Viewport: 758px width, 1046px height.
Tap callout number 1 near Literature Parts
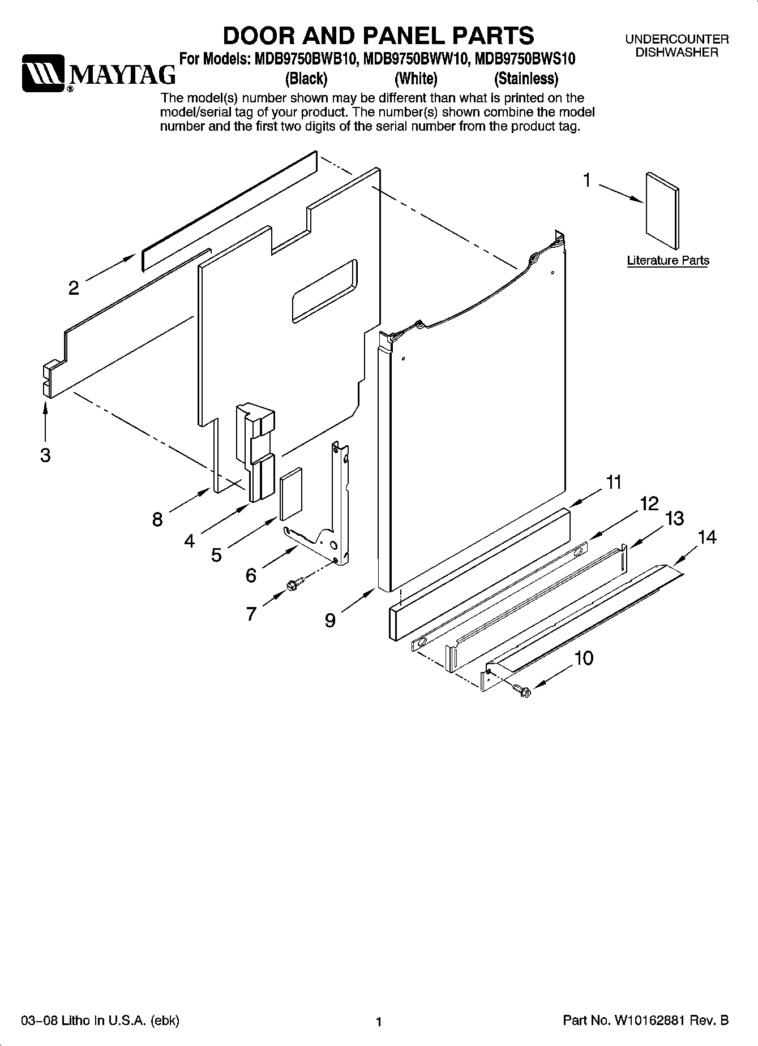click(x=587, y=180)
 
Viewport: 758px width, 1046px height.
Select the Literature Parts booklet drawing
click(x=662, y=210)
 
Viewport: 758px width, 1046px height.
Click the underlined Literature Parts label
click(x=668, y=261)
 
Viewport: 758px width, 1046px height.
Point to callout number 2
click(x=74, y=288)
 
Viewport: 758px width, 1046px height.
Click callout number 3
click(x=45, y=455)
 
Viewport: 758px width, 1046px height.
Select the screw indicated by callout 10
click(x=520, y=688)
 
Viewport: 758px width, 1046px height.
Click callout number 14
click(x=707, y=537)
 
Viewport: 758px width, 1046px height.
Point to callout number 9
click(x=330, y=621)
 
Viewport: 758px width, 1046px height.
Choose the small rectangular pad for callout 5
click(x=291, y=493)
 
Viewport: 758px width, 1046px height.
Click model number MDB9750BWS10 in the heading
click(x=525, y=59)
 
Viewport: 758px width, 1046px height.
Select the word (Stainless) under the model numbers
click(x=526, y=78)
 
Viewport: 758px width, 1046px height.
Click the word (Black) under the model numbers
click(x=306, y=78)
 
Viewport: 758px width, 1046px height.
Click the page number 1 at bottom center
click(x=379, y=1022)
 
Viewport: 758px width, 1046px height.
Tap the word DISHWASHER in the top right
click(x=676, y=53)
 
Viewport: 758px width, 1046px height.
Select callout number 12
click(x=649, y=503)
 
